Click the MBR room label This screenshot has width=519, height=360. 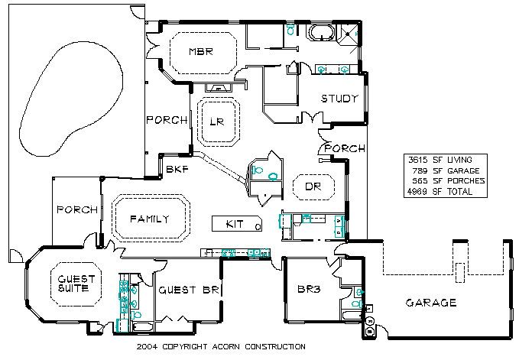click(201, 52)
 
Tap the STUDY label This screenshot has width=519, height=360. click(339, 99)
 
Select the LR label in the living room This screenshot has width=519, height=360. click(217, 122)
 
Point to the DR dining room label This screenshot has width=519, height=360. click(313, 186)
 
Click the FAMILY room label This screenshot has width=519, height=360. click(150, 219)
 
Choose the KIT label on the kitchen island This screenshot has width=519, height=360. click(235, 224)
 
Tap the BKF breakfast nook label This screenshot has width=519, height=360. click(177, 170)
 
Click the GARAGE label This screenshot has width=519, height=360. click(431, 303)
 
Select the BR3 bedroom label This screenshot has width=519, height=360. click(309, 289)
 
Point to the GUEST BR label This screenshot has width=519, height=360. click(189, 290)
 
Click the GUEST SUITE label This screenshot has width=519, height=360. click(76, 284)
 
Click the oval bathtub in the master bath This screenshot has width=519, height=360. click(321, 33)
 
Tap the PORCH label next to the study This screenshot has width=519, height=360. click(345, 148)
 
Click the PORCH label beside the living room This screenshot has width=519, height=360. click(167, 120)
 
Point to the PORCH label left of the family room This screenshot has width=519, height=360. click(77, 209)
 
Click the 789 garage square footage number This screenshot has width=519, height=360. click(420, 170)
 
